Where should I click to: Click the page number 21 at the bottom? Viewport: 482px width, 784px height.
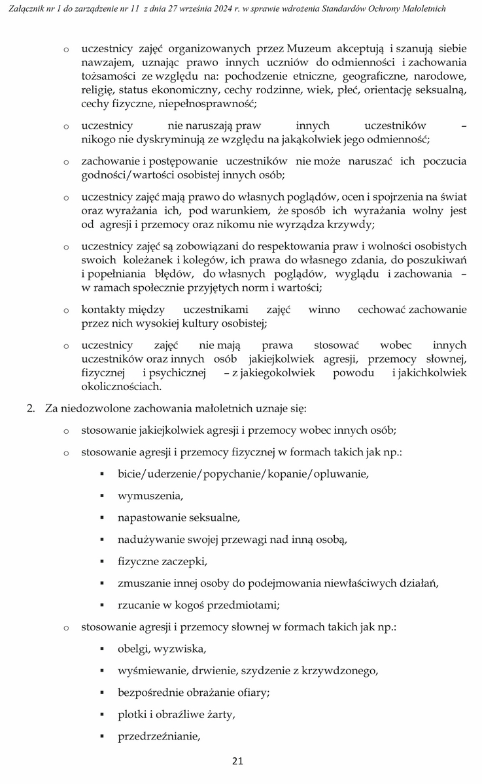[x=238, y=761]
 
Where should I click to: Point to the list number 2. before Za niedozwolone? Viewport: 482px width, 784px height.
[x=30, y=408]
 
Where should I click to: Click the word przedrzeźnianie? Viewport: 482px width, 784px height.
[x=158, y=737]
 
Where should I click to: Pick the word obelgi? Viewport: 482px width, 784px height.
[x=133, y=649]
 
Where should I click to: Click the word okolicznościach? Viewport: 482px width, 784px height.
[x=121, y=386]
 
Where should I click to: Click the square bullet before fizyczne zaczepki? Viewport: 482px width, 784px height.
[x=103, y=562]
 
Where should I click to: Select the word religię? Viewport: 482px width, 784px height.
[x=97, y=90]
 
